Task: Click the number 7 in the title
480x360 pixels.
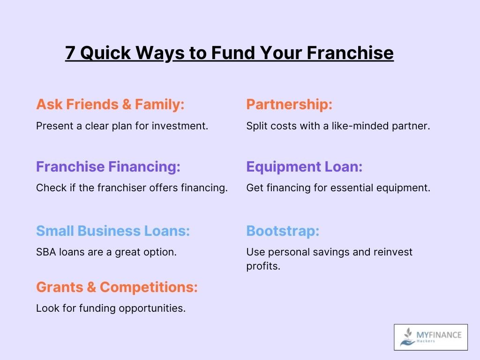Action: [x=70, y=52]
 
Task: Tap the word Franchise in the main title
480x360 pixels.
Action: [x=350, y=52]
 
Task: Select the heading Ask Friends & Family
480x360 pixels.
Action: [x=110, y=105]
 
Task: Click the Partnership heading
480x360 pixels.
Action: [x=289, y=105]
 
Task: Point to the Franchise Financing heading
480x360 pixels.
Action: [x=108, y=167]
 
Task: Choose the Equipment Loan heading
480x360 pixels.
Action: [x=304, y=167]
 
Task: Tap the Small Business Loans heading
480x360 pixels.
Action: [x=113, y=231]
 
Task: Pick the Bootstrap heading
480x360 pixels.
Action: [x=283, y=231]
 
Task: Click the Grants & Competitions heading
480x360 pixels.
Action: [x=117, y=287]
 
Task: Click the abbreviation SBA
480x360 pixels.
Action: [x=46, y=252]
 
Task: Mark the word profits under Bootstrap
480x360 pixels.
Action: [x=263, y=266]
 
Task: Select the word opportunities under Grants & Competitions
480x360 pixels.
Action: [x=152, y=308]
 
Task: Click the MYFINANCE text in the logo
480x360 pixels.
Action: [x=439, y=335]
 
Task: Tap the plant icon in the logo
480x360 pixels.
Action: [x=407, y=337]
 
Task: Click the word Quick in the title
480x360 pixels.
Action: [x=105, y=52]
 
